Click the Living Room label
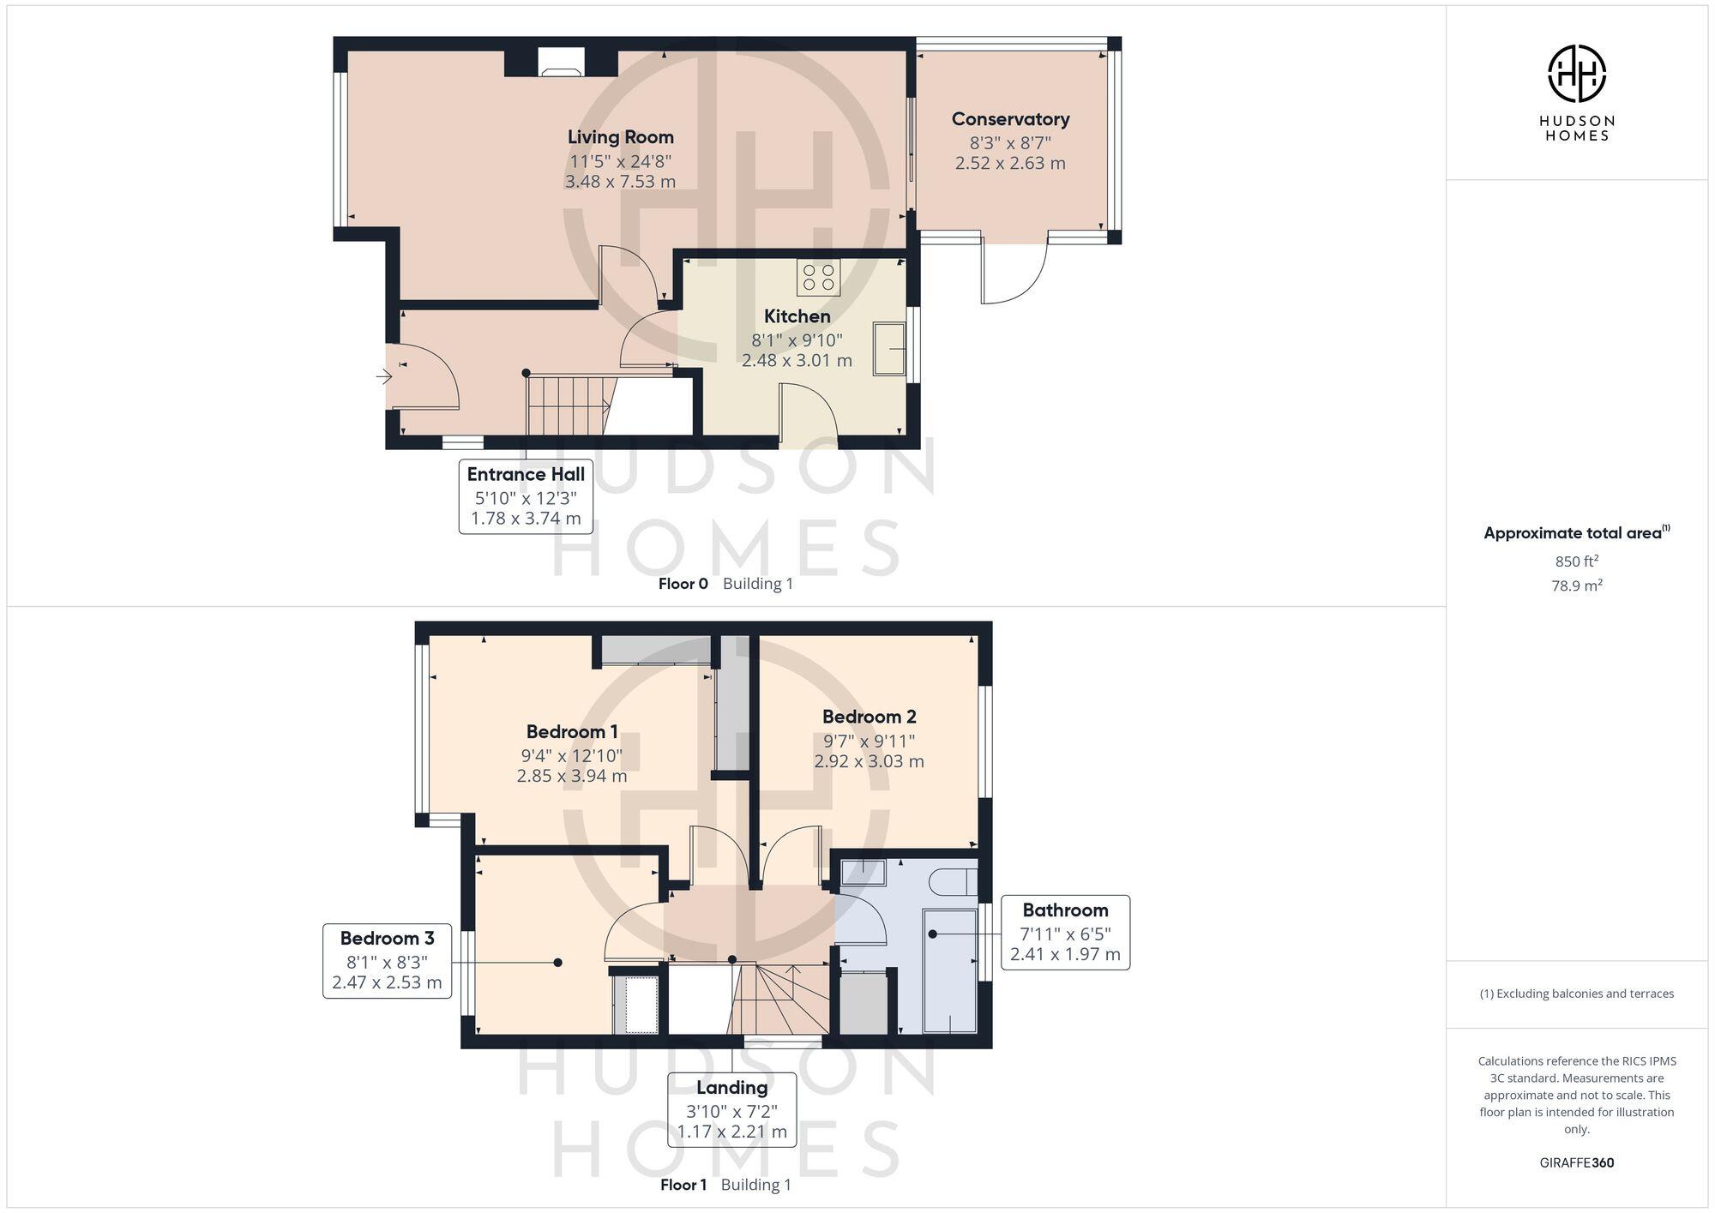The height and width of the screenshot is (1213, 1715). pos(620,137)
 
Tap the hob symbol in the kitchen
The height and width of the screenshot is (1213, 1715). pos(818,277)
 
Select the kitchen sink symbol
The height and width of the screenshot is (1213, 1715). pos(889,349)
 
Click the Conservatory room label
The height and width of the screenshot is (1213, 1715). pos(1010,119)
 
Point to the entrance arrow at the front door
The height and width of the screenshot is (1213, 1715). pos(382,375)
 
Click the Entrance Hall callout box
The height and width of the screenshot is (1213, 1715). pos(526,496)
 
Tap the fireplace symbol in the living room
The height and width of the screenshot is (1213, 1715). pos(561,63)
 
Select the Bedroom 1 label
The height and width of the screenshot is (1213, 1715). pos(572,731)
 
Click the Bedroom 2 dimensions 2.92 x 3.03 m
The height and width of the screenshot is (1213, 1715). pos(869,761)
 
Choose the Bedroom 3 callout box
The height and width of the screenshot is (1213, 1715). pos(387,960)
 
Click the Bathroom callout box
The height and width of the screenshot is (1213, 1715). pos(1064,933)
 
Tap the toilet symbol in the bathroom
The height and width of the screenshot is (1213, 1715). pos(953,881)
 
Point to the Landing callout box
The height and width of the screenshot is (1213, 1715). pos(731,1109)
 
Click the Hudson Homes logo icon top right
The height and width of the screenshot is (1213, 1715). pos(1576,74)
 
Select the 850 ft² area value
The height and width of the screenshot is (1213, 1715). pos(1576,561)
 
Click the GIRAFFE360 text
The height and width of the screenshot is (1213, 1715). pos(1576,1162)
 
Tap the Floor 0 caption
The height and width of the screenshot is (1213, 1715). pos(683,584)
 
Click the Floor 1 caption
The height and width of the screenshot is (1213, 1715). pos(683,1185)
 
